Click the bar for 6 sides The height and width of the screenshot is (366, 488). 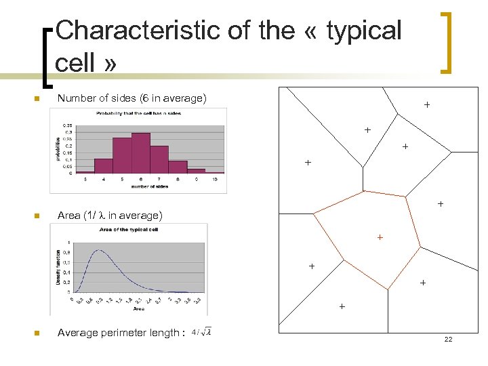[x=141, y=153]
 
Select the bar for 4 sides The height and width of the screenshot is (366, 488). [x=104, y=166]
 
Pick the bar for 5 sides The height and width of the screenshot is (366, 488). [x=122, y=156]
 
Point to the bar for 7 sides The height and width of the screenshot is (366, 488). [x=159, y=159]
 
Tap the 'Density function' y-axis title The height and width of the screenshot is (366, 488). [x=58, y=266]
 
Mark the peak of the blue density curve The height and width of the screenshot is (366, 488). [x=99, y=250]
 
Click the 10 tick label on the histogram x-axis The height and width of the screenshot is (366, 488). [x=214, y=180]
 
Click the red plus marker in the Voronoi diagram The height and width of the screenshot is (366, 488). [x=380, y=237]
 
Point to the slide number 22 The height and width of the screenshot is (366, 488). [x=448, y=339]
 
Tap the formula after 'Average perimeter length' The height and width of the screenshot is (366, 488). [x=201, y=332]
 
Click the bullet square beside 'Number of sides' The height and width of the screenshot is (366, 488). [x=37, y=99]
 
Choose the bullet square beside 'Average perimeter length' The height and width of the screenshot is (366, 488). [x=37, y=333]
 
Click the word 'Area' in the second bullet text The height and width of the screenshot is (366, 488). [x=68, y=216]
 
